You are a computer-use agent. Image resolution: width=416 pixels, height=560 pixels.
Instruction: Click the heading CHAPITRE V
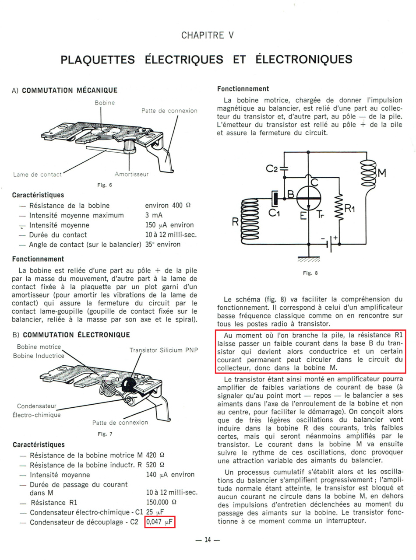(208, 35)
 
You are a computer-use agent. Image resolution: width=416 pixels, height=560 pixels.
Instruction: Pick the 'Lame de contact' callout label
(37, 175)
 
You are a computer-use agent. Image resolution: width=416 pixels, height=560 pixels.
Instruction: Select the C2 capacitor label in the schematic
(273, 168)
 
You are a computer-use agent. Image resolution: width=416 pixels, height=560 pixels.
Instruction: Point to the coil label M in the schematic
(381, 173)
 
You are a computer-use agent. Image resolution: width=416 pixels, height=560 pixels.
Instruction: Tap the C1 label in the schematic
(274, 213)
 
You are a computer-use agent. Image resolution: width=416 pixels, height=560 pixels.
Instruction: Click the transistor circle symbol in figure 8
(309, 198)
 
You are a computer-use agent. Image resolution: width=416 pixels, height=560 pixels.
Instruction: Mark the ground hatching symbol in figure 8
(309, 260)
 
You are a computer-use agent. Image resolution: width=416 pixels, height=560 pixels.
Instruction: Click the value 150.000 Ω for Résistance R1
(161, 502)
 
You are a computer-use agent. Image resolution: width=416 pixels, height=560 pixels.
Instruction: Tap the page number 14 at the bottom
(208, 540)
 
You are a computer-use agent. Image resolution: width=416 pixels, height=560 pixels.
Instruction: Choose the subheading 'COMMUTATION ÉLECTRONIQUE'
(76, 335)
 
